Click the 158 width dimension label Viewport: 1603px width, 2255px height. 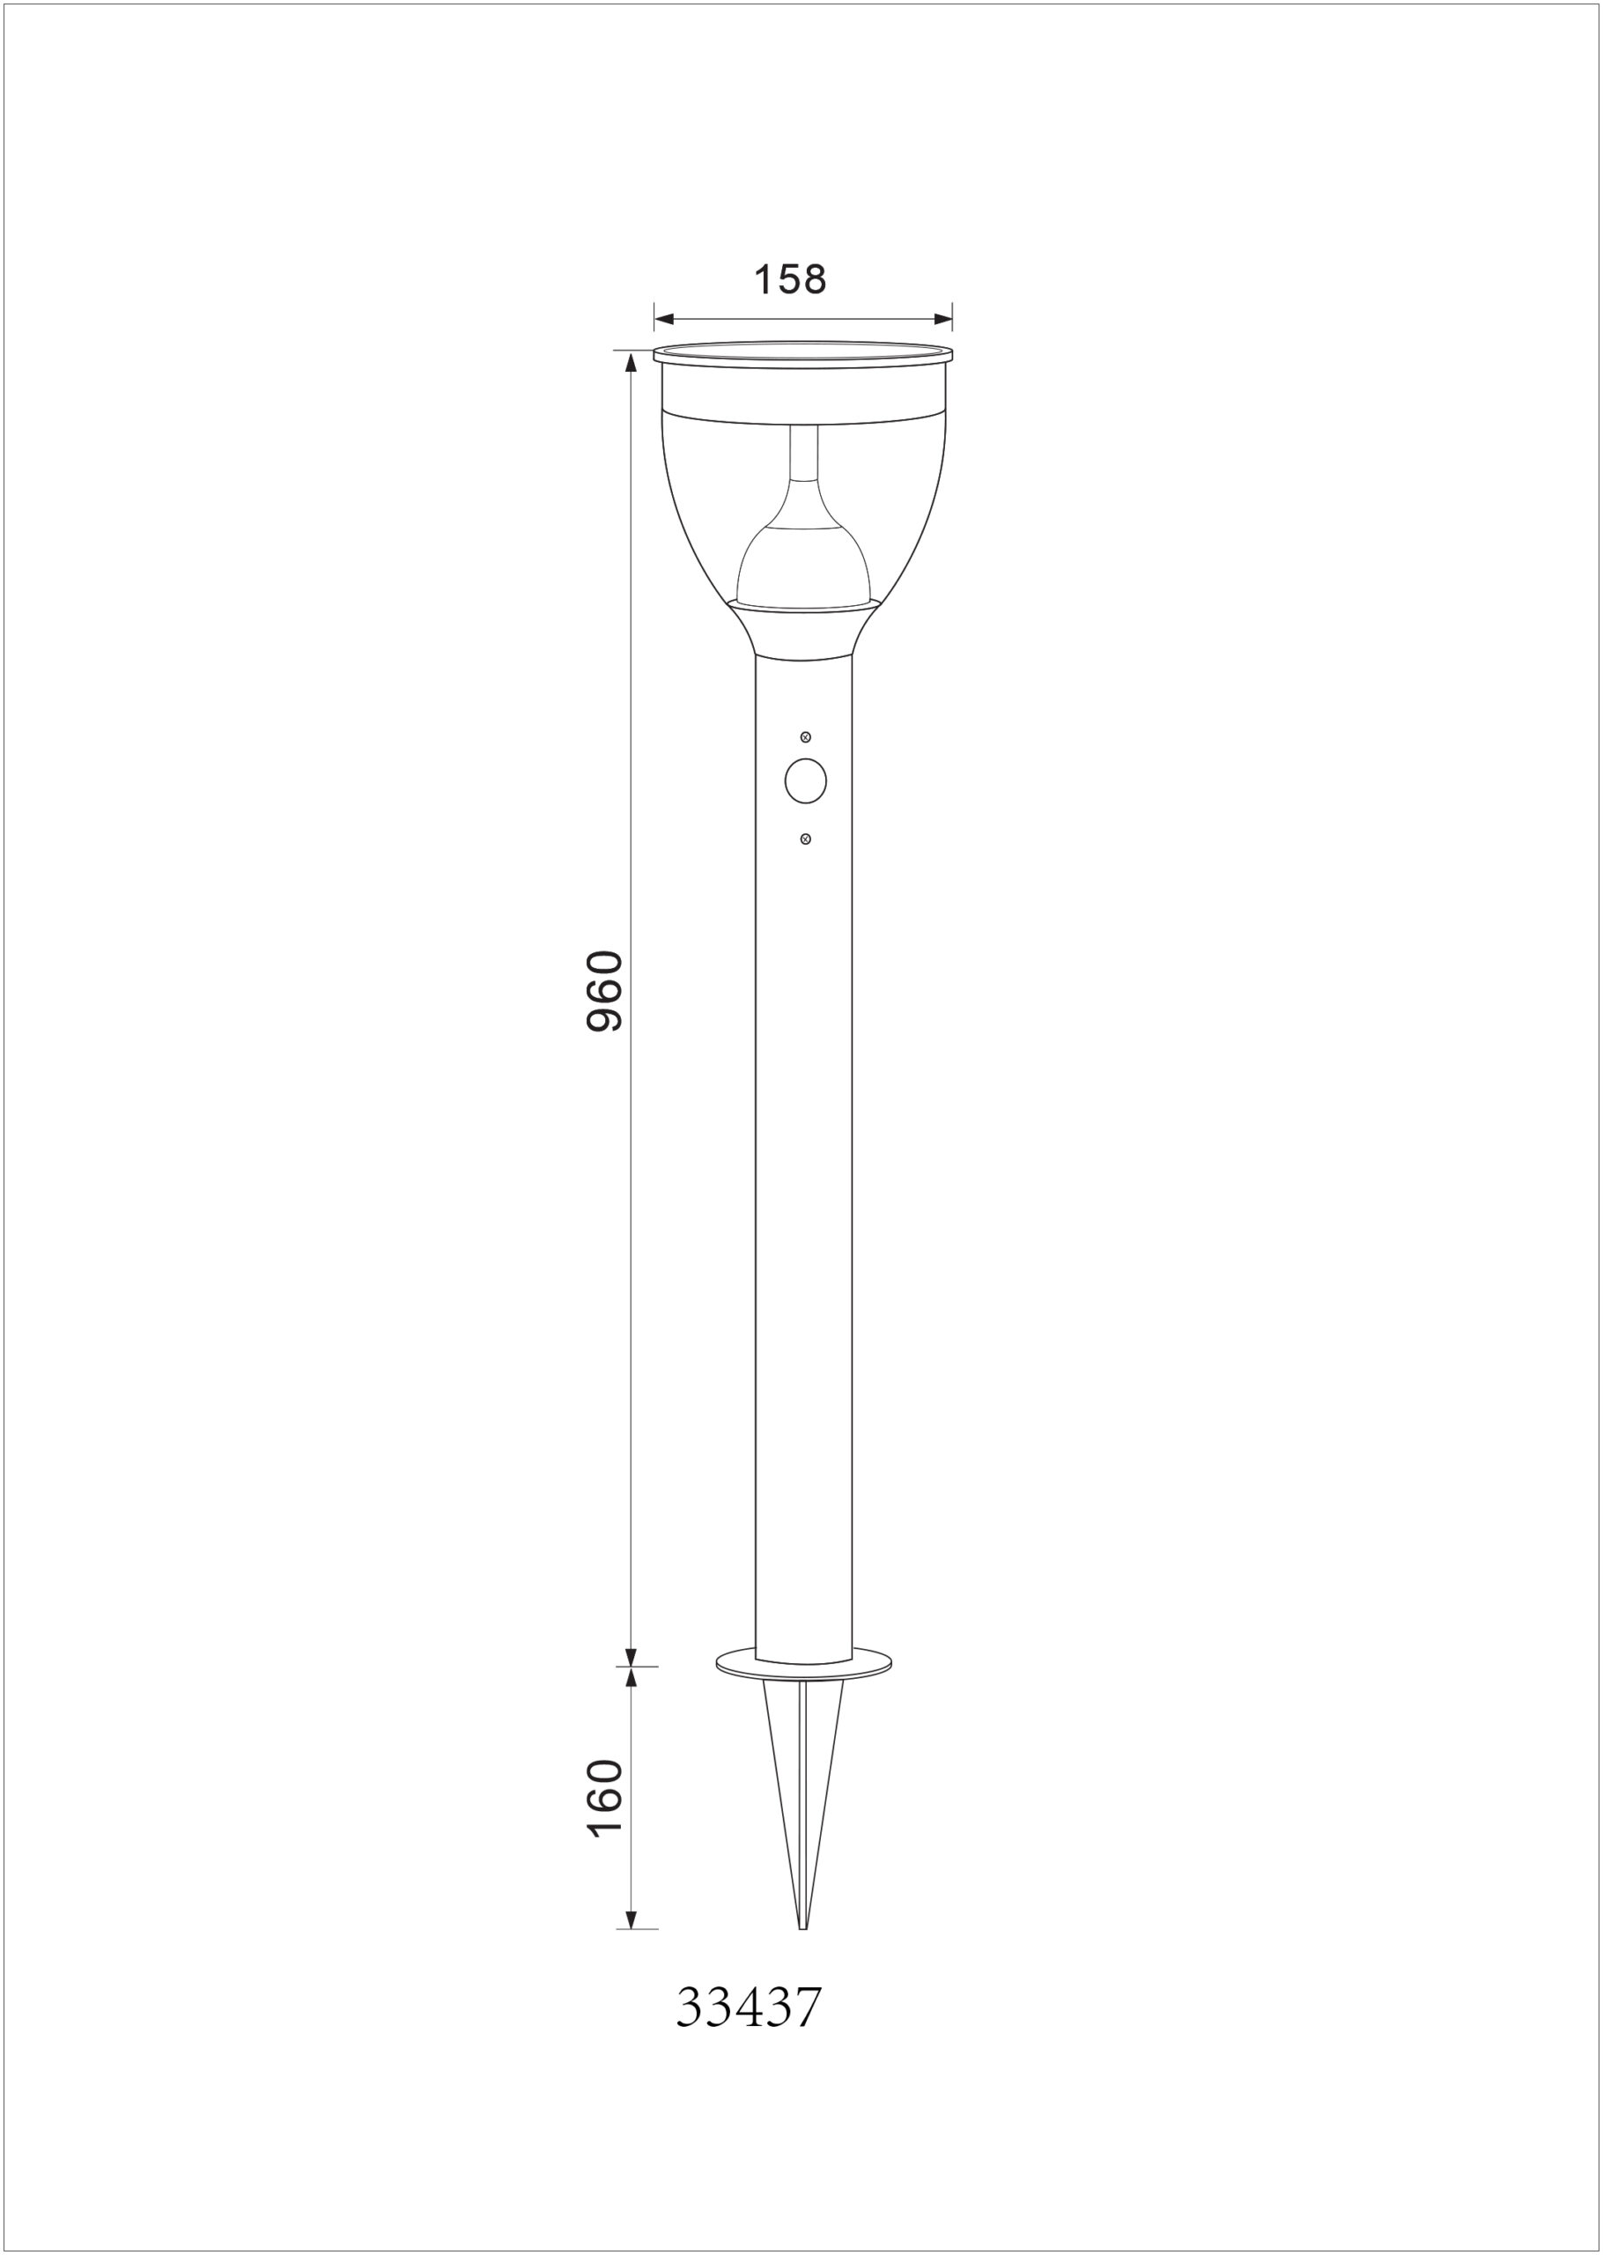pos(790,280)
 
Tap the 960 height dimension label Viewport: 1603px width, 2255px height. pos(604,991)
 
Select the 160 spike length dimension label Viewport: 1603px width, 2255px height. pos(604,1798)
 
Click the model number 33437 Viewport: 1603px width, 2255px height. pos(748,2007)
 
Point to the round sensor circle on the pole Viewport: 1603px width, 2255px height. pos(805,781)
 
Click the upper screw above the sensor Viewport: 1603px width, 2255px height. pos(805,737)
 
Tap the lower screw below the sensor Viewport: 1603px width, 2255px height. pos(805,839)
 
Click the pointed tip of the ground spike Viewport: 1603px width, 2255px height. pos(802,1928)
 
